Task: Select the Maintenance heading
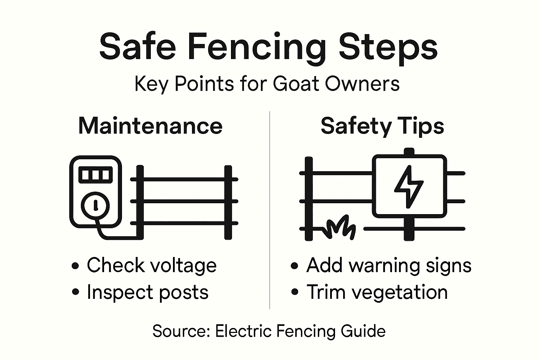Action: [x=150, y=126]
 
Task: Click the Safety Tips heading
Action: [x=382, y=126]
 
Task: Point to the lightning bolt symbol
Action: [x=409, y=186]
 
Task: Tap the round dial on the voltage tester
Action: [x=95, y=205]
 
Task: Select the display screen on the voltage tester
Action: [x=96, y=174]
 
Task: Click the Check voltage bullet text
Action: [x=152, y=265]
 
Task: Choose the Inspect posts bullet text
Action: [x=148, y=292]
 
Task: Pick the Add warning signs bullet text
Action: [x=388, y=265]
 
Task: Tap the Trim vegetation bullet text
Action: [x=377, y=292]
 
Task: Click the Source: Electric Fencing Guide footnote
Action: [x=269, y=331]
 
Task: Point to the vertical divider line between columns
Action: [x=270, y=211]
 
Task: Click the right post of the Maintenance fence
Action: [x=228, y=202]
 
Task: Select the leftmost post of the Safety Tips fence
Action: [x=309, y=199]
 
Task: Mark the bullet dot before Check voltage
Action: [x=75, y=266]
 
